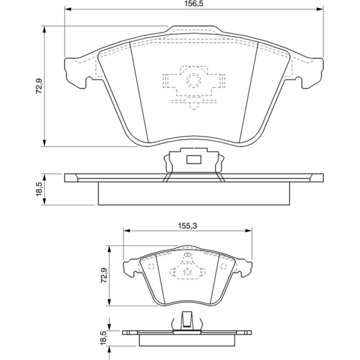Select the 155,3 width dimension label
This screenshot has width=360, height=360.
click(x=188, y=226)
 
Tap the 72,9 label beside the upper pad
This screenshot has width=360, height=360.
click(x=39, y=86)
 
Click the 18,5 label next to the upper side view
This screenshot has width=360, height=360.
click(x=39, y=189)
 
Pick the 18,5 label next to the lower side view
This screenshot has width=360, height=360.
click(x=104, y=338)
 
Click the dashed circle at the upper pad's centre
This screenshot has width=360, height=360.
click(x=194, y=80)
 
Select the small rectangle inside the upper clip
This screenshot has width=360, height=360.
click(x=194, y=159)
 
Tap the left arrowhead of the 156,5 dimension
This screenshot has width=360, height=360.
click(x=69, y=9)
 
